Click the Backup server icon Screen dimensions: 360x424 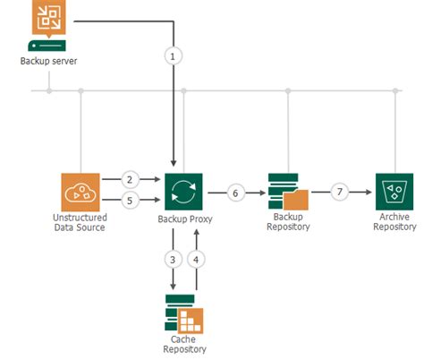coord(47,26)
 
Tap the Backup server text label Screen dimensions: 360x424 coord(47,61)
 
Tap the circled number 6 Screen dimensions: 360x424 coord(235,192)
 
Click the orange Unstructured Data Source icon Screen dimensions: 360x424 coord(81,192)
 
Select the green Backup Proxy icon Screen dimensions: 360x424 coord(183,192)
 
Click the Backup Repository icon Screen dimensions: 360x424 coord(288,192)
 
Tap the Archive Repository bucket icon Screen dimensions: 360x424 coord(394,192)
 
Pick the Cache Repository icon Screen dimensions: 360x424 coord(184,311)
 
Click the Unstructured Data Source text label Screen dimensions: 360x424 coord(81,223)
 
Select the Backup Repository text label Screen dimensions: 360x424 coord(288,223)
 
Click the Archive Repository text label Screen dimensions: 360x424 coord(394,223)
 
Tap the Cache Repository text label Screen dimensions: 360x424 coord(184,345)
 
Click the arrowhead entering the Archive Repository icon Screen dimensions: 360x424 coord(369,192)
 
